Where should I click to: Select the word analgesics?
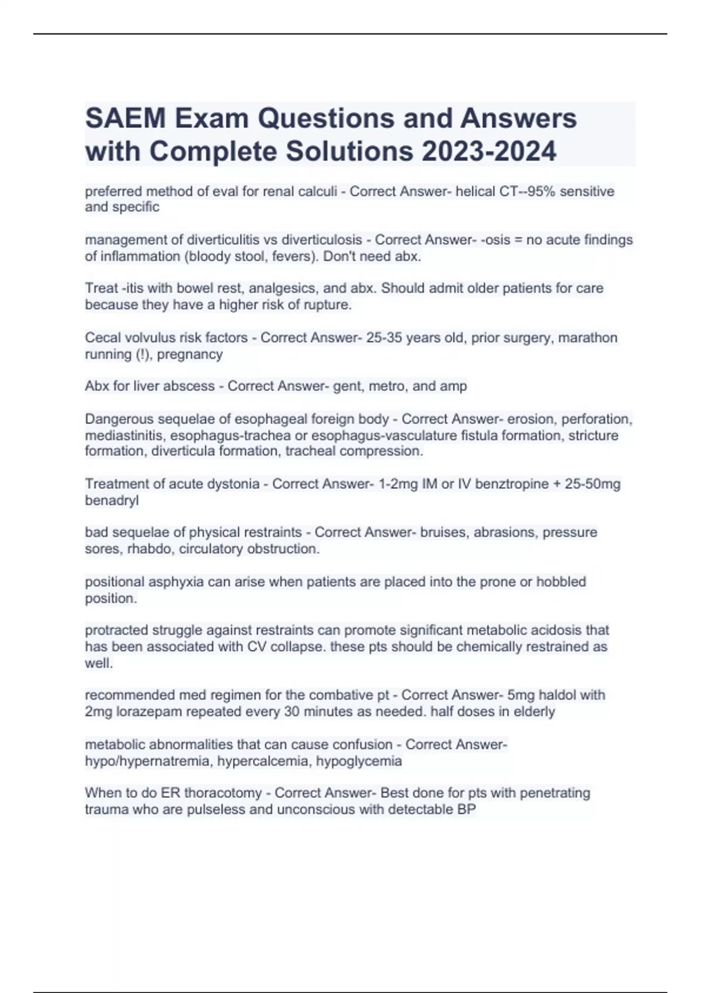tap(282, 289)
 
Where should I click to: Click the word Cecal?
tap(104, 338)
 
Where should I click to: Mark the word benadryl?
tap(112, 500)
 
